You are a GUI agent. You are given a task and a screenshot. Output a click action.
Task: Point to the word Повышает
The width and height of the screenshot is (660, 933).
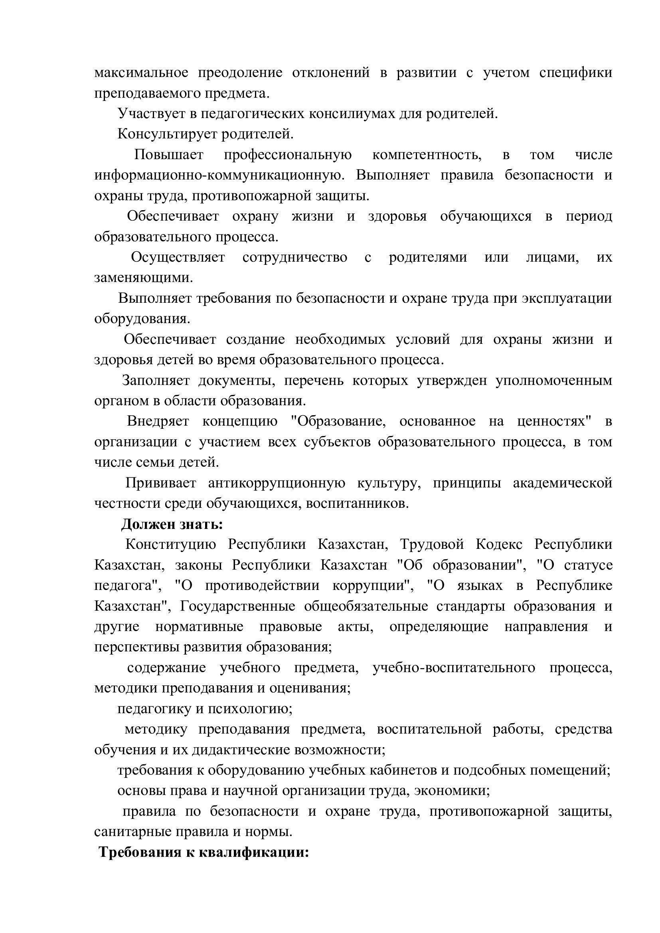coord(169,155)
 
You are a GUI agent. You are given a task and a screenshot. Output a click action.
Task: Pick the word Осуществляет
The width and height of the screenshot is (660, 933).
coord(178,257)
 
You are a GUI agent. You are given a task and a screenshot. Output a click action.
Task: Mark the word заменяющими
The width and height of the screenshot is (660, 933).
coord(144,278)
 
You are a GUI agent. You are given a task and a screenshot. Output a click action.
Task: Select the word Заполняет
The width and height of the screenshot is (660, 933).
coord(156,381)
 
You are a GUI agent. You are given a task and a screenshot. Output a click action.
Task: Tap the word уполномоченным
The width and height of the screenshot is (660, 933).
coord(553,381)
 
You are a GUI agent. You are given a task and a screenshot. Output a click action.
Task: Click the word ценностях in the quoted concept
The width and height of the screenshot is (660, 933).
coord(554,421)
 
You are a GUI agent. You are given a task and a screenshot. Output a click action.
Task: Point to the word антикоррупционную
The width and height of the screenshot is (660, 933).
coord(277,483)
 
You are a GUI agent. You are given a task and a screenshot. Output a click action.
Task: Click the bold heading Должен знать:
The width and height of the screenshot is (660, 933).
coord(172,524)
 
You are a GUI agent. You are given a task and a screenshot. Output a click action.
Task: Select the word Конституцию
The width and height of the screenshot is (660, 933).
coord(170,544)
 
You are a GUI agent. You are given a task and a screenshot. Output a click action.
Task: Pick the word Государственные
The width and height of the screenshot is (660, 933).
coord(238,606)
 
